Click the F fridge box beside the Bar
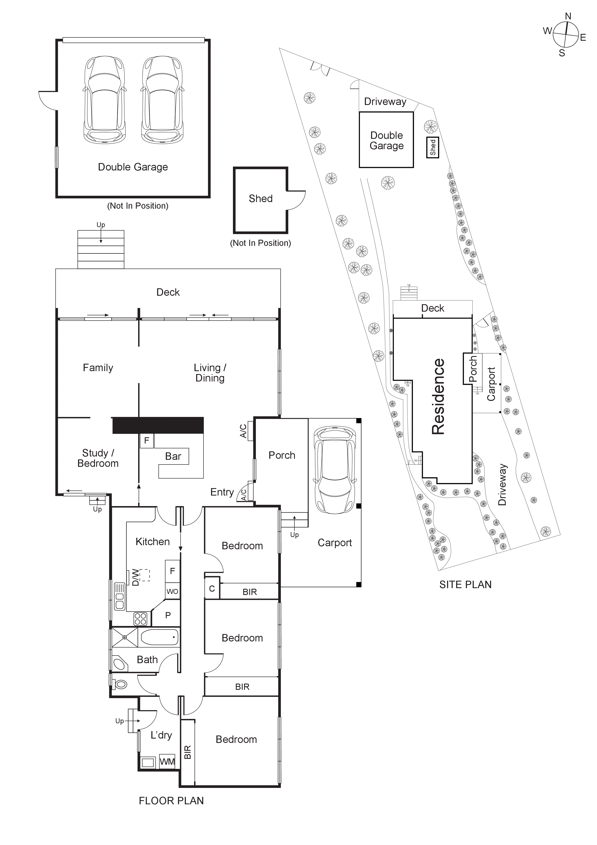pyautogui.click(x=146, y=441)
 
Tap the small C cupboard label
pyautogui.click(x=212, y=589)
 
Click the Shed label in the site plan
pyautogui.click(x=433, y=147)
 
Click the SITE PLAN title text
pyautogui.click(x=465, y=584)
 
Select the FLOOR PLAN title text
pyautogui.click(x=171, y=801)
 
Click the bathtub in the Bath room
pyautogui.click(x=159, y=637)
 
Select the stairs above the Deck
pyautogui.click(x=101, y=249)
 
